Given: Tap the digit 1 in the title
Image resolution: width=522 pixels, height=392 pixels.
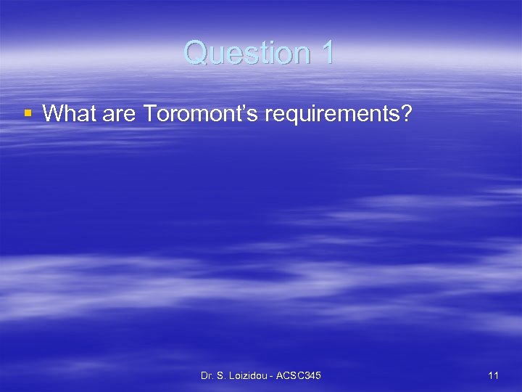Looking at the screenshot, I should click(x=326, y=52).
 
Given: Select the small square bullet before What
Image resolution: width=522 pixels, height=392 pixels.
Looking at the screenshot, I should click(x=28, y=113).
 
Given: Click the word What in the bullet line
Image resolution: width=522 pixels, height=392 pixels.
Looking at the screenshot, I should click(x=67, y=113).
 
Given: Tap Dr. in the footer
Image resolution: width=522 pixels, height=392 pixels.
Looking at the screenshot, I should click(x=207, y=375).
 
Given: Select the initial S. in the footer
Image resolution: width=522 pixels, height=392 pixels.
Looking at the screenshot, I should click(x=222, y=375).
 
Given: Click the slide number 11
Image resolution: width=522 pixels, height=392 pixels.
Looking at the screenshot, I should click(x=493, y=375).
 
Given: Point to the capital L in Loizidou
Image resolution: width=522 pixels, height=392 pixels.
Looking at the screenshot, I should click(x=233, y=375).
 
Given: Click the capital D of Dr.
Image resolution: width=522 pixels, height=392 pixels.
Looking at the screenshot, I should click(x=204, y=375).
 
